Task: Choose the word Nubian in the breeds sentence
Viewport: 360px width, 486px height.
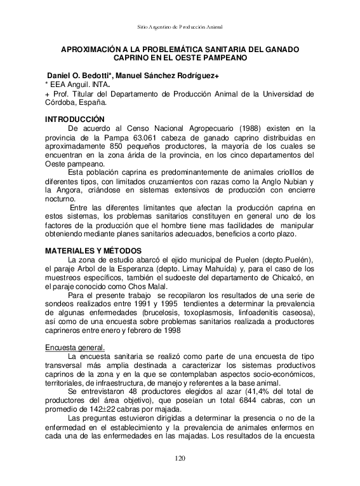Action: click(x=298, y=180)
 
